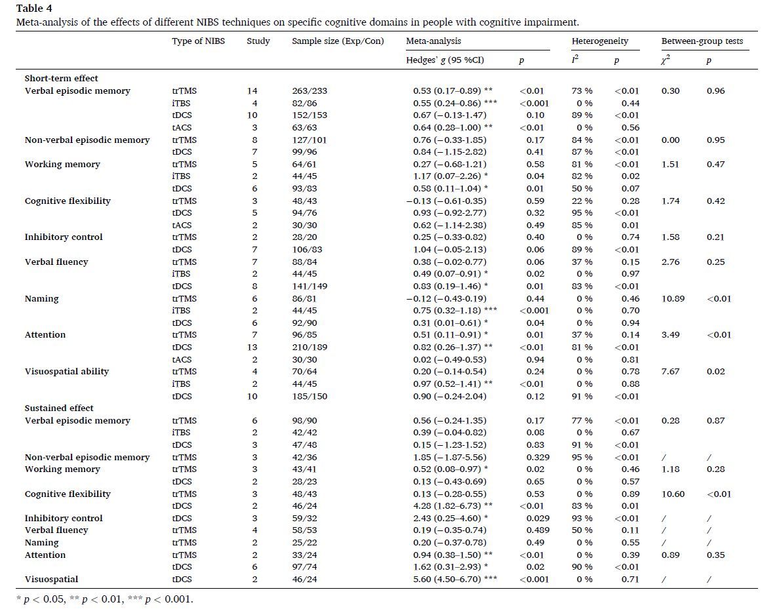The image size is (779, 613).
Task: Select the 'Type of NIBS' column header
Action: [x=198, y=41]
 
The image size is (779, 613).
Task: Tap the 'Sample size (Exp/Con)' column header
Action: [x=338, y=41]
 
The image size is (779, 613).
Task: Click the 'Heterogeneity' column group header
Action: [x=600, y=41]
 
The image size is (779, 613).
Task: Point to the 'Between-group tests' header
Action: [x=702, y=41]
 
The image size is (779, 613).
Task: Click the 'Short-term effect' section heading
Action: [x=61, y=78]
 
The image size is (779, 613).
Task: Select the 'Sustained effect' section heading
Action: [x=59, y=408]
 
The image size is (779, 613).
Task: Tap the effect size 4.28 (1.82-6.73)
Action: [x=449, y=506]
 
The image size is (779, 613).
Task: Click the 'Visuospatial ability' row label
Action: [x=67, y=372]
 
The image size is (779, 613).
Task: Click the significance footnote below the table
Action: [x=105, y=599]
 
